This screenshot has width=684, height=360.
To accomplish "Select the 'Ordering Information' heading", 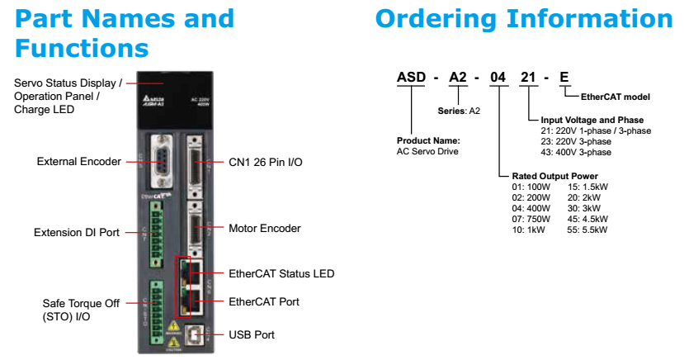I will tap(524, 18).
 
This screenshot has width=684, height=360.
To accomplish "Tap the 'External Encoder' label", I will tap(79, 161).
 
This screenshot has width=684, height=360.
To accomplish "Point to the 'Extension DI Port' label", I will tap(77, 232).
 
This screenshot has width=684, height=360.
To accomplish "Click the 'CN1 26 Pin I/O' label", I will tap(266, 162).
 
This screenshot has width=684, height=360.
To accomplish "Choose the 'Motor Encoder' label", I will tap(264, 228).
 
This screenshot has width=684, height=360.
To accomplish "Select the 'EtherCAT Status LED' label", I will tap(281, 273).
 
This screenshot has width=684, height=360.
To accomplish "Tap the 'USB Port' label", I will tap(252, 334).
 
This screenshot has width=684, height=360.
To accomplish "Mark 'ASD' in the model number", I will tap(411, 78).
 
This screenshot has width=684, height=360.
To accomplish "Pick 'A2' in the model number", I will tap(460, 78).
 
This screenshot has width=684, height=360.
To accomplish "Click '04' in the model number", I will tap(498, 78).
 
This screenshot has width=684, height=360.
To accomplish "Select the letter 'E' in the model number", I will tap(564, 78).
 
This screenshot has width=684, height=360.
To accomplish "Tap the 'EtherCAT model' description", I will tap(616, 97).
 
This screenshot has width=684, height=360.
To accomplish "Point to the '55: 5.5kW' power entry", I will tap(587, 230).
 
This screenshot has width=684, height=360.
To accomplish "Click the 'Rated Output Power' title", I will tap(554, 176).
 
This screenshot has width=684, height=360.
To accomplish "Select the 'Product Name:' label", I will tap(428, 140).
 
